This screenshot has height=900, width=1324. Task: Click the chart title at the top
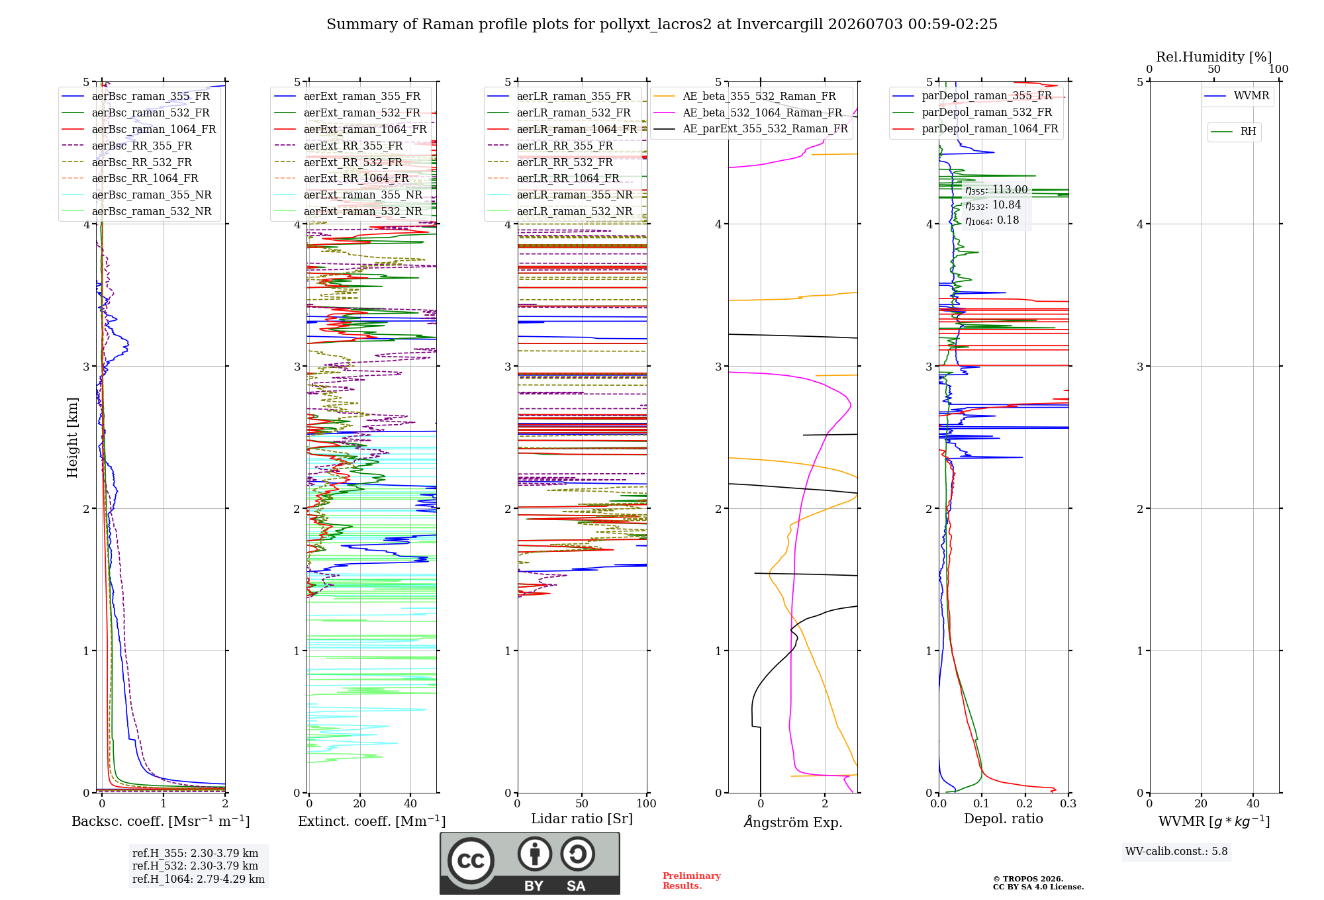[x=662, y=24]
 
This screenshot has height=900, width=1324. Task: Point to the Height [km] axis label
[x=72, y=437]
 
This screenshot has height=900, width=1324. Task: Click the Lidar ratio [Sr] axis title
[x=582, y=819]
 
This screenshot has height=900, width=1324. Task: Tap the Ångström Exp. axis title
[x=793, y=822]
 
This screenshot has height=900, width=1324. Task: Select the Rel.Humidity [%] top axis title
[x=1214, y=57]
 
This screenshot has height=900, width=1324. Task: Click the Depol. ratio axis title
[x=1004, y=819]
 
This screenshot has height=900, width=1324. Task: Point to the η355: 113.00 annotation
[x=996, y=190]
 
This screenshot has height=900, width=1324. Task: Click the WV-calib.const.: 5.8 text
[x=1176, y=852]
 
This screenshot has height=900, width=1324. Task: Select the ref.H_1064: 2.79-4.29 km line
[x=199, y=879]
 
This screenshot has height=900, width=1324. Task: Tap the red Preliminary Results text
[x=692, y=881]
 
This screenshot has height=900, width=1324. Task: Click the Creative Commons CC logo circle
[x=471, y=861]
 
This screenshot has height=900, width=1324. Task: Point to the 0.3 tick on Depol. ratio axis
[x=1068, y=804]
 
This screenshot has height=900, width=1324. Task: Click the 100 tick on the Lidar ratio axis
[x=646, y=804]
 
